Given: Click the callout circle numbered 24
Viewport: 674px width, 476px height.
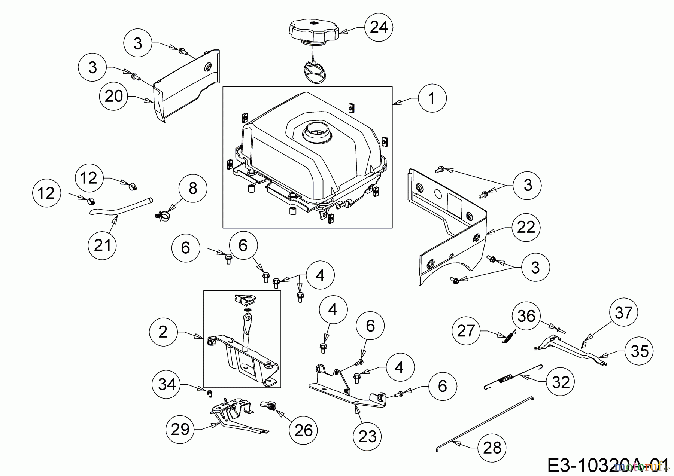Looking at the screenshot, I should (x=379, y=27).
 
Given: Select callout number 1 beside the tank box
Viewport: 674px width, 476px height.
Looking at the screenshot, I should (x=432, y=98).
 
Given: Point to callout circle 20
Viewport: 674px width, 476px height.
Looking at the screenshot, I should (x=114, y=96).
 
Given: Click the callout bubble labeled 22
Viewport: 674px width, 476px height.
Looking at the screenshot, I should (x=526, y=228).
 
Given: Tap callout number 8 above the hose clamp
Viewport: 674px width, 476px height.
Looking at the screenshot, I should (x=193, y=188).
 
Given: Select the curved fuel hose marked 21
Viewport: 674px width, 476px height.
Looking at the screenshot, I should (x=120, y=209).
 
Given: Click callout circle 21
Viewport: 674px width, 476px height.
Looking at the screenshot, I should (x=103, y=245).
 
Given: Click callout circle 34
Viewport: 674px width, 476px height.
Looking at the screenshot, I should (x=167, y=384).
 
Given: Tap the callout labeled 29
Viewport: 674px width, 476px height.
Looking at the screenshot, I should (x=180, y=429).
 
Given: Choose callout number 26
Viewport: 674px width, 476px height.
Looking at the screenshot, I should (x=303, y=431).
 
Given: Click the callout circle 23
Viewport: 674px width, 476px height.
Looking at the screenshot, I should (x=367, y=436).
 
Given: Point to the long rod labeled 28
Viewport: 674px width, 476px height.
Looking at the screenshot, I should (x=487, y=423).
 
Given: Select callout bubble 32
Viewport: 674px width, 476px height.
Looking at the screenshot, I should (x=560, y=382).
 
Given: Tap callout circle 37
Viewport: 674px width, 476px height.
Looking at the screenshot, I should (x=623, y=313).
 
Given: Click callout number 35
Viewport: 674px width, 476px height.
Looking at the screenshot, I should (x=639, y=351).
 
